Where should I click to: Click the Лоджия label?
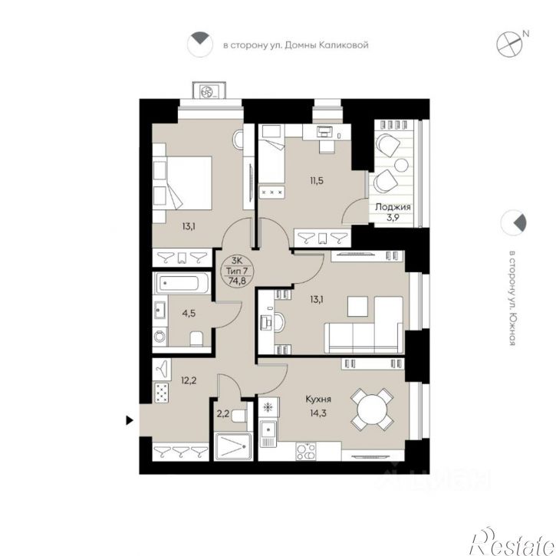tap(393, 207)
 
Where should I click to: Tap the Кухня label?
tap(318, 400)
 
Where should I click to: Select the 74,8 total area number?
tap(237, 281)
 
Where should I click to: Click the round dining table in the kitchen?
tap(372, 410)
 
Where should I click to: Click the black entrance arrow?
tap(130, 420)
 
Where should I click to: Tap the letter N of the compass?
tap(526, 34)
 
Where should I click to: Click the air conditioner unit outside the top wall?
tap(209, 90)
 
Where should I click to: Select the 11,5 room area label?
tap(317, 181)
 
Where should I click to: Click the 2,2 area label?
tap(222, 413)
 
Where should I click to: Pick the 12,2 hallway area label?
tap(189, 381)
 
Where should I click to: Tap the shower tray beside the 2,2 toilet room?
tap(233, 446)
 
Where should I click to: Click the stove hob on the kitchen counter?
tap(305, 452)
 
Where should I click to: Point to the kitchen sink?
tap(268, 433)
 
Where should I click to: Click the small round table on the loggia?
tap(402, 165)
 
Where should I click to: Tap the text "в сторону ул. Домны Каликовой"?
tap(296, 45)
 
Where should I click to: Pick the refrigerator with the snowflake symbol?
tap(268, 407)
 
